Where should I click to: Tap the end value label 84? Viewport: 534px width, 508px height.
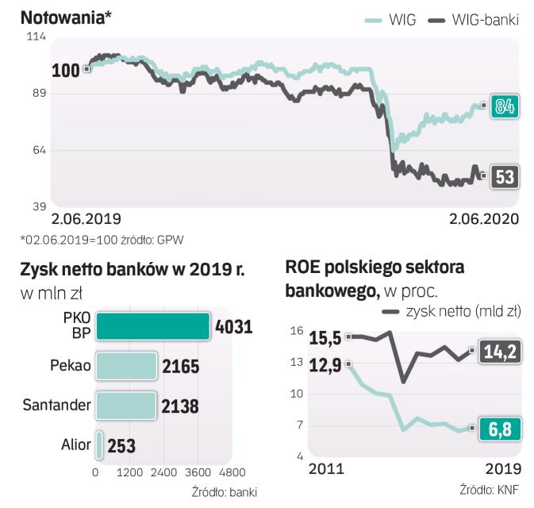[x=505, y=106]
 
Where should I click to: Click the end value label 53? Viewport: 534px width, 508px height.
[x=505, y=176]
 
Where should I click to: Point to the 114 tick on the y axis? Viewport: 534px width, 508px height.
[x=36, y=37]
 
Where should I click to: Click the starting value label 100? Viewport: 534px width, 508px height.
[x=65, y=71]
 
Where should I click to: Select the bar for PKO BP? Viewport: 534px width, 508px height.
[x=153, y=326]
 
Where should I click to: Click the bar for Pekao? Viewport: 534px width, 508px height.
[x=126, y=366]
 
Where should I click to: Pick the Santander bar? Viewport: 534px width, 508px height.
[x=125, y=406]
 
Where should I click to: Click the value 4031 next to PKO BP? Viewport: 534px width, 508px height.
[x=232, y=326]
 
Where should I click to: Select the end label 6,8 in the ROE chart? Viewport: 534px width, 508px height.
[x=500, y=429]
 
